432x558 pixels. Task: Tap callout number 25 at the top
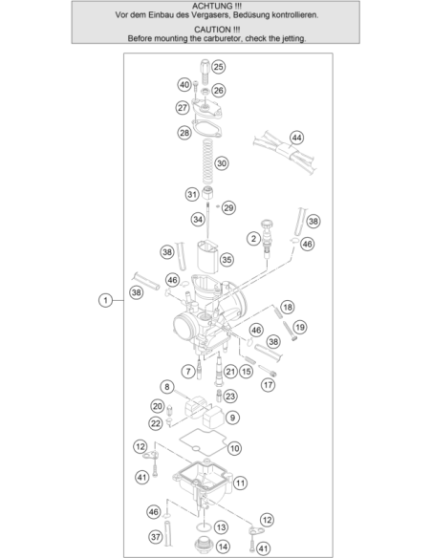pyautogui.click(x=218, y=67)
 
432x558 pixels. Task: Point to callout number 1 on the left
pyautogui.click(x=105, y=300)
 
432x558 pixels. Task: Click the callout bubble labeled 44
pyautogui.click(x=296, y=138)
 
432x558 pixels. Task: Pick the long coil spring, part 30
pyautogui.click(x=207, y=161)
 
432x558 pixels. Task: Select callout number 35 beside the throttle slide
pyautogui.click(x=227, y=260)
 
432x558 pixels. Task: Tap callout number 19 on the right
pyautogui.click(x=299, y=327)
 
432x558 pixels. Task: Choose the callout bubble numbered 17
pyautogui.click(x=268, y=385)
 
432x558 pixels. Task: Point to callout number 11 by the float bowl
pyautogui.click(x=240, y=483)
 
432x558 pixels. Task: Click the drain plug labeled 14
pyautogui.click(x=203, y=544)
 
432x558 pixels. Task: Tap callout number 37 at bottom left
pyautogui.click(x=155, y=537)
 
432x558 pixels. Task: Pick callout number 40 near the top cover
pyautogui.click(x=184, y=85)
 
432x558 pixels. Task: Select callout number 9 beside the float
pyautogui.click(x=232, y=418)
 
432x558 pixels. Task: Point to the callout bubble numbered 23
pyautogui.click(x=230, y=397)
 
